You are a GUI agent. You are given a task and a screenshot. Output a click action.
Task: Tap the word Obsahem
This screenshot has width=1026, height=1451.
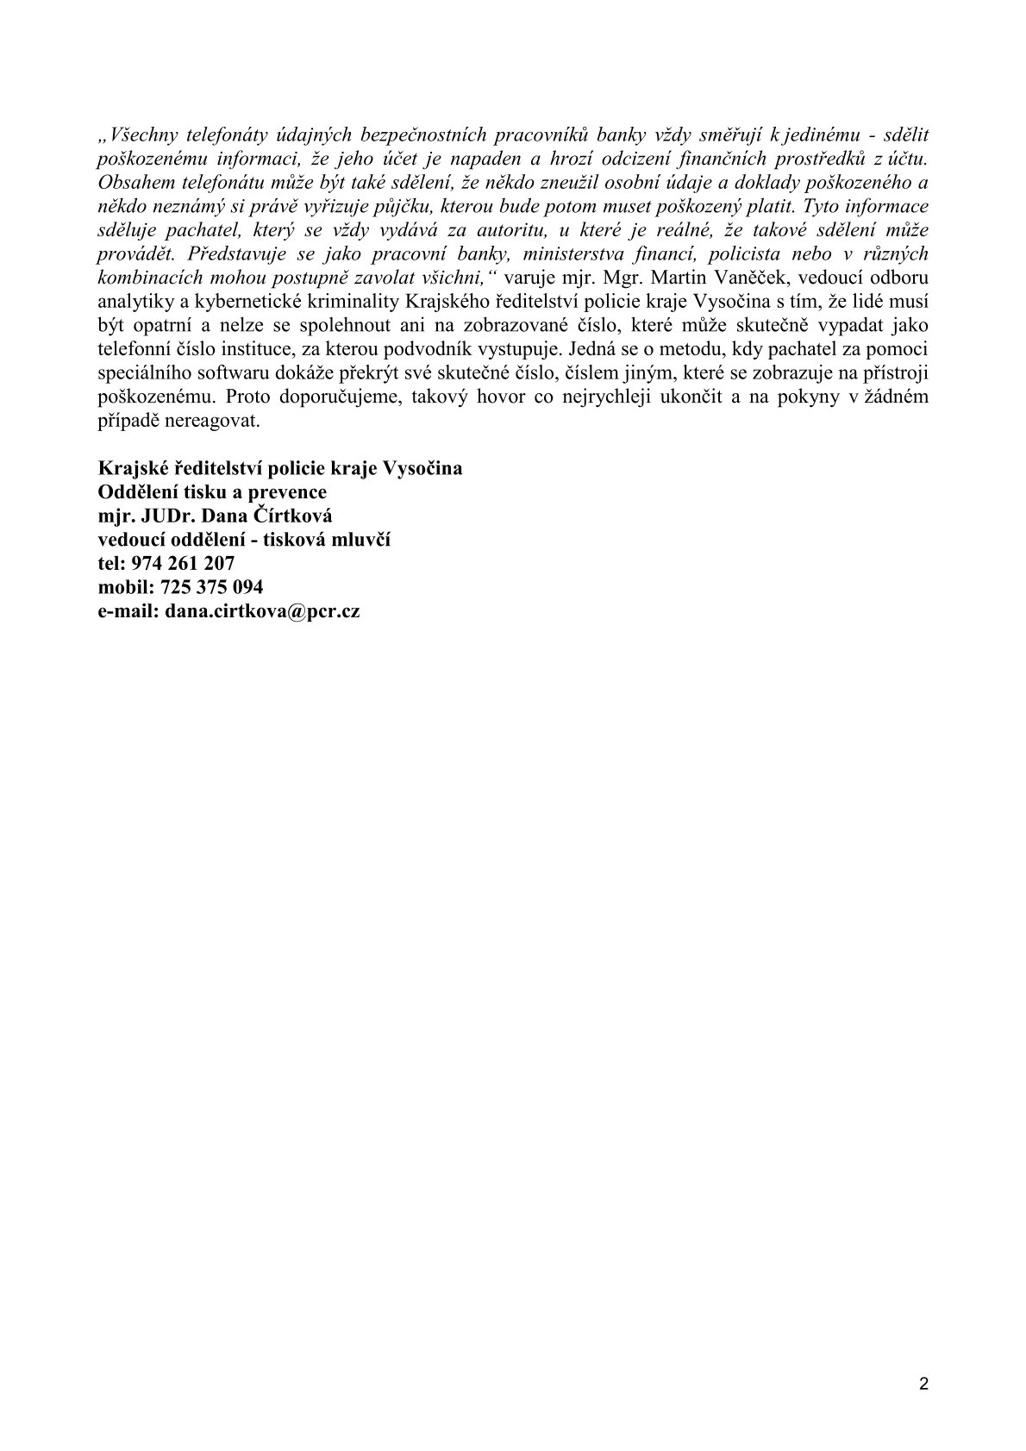tap(130, 183)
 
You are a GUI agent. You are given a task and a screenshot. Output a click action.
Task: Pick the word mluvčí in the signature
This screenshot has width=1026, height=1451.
tap(366, 540)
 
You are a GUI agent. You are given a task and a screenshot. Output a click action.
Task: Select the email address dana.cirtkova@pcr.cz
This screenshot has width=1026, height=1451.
tap(262, 611)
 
